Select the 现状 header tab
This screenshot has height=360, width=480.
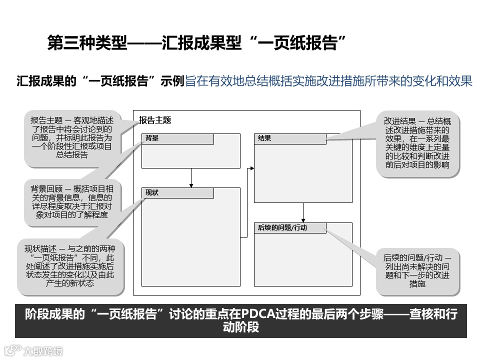(x=177, y=193)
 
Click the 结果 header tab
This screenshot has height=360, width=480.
(x=290, y=138)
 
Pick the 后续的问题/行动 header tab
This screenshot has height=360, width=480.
(x=290, y=228)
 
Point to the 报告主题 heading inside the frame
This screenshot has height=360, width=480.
(x=155, y=120)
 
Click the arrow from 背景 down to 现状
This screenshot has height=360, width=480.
(x=191, y=177)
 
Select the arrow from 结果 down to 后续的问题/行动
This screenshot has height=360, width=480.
(x=303, y=212)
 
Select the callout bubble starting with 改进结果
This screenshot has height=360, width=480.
(x=417, y=143)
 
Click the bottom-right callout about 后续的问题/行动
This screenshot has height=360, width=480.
(x=417, y=270)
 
